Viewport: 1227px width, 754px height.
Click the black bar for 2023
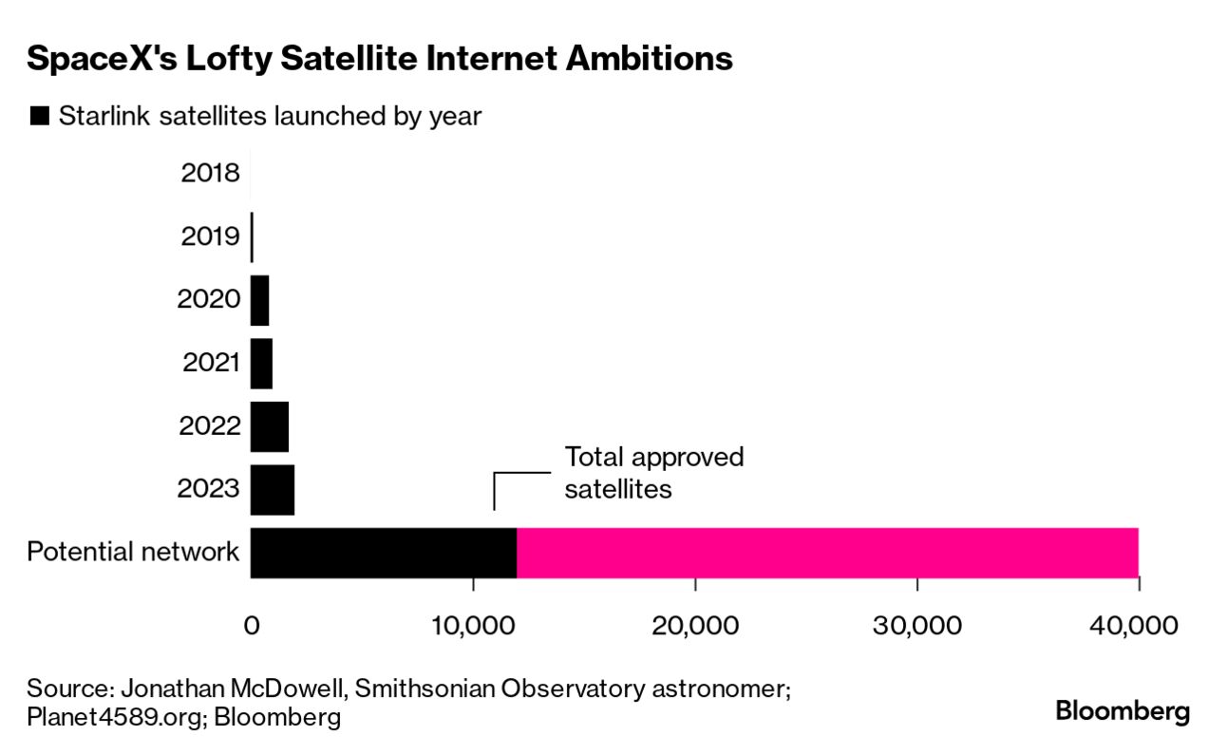pyautogui.click(x=273, y=490)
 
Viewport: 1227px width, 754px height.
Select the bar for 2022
pyautogui.click(x=270, y=426)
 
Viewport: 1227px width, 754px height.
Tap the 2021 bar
pyautogui.click(x=261, y=364)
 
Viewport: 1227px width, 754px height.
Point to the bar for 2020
pyautogui.click(x=259, y=300)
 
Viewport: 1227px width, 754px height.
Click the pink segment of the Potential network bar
pyautogui.click(x=826, y=553)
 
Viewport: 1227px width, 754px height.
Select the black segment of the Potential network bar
pyautogui.click(x=383, y=553)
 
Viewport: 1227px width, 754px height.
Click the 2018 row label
pyautogui.click(x=210, y=174)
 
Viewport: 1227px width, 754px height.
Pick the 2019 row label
pyautogui.click(x=210, y=236)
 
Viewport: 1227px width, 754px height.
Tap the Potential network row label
pyautogui.click(x=133, y=552)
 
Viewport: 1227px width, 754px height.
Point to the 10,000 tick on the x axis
pyautogui.click(x=473, y=626)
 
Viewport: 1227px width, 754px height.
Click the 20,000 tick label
pyautogui.click(x=695, y=626)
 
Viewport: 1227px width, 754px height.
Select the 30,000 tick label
pyautogui.click(x=916, y=626)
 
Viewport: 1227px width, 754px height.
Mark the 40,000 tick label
pyautogui.click(x=1138, y=626)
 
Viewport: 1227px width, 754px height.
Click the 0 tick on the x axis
pyautogui.click(x=252, y=626)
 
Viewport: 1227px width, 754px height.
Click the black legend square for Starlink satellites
pyautogui.click(x=39, y=117)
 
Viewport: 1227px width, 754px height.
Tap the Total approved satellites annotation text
pyautogui.click(x=653, y=473)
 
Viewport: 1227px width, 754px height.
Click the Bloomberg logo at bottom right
pyautogui.click(x=1123, y=711)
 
